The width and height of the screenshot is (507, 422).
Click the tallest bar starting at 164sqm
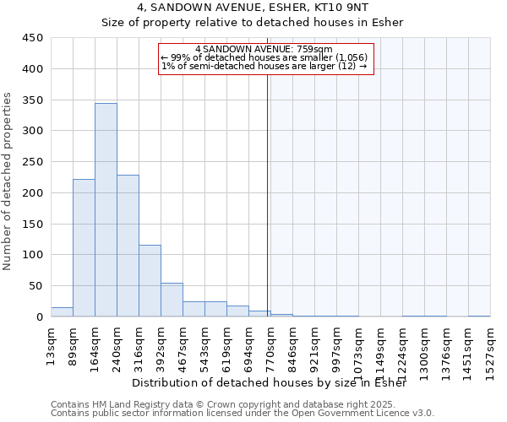coord(106,210)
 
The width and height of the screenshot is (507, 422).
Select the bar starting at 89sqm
coord(84,248)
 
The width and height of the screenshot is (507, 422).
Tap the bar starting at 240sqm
coord(128,246)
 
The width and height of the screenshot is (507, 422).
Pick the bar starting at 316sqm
coord(150,281)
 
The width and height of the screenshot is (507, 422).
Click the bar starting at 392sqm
coord(172,300)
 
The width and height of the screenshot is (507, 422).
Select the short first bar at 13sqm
coord(62,311)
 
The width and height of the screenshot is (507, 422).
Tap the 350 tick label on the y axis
coord(32,100)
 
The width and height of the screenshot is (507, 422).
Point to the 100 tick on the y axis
coord(32,255)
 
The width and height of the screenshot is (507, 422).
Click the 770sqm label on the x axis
coord(270,346)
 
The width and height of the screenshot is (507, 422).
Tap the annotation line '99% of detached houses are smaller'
coord(264,57)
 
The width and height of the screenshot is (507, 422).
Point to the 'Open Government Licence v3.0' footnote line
coord(243,413)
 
